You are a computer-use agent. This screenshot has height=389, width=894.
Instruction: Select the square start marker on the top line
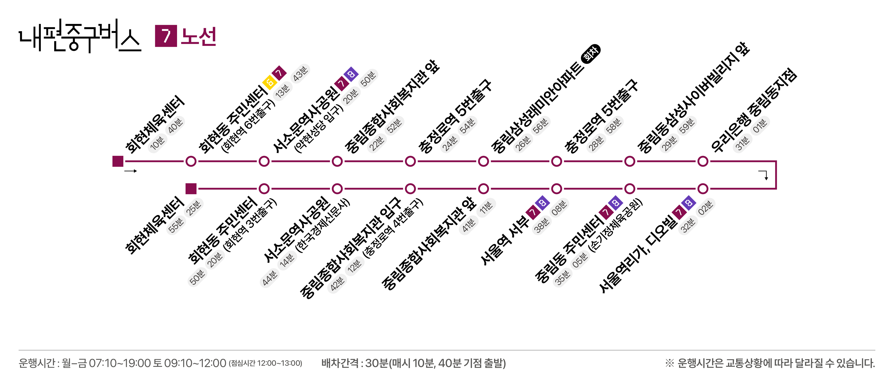[x=118, y=161]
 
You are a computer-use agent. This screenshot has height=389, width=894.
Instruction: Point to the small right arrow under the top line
[x=131, y=171]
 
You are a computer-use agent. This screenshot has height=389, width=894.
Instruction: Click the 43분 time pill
[x=301, y=74]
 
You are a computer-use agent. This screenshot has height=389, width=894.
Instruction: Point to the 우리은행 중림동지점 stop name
[x=754, y=110]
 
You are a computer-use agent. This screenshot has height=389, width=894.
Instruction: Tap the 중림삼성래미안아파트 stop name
[x=538, y=107]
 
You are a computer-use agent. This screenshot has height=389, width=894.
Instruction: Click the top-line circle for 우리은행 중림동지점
[x=703, y=161]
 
